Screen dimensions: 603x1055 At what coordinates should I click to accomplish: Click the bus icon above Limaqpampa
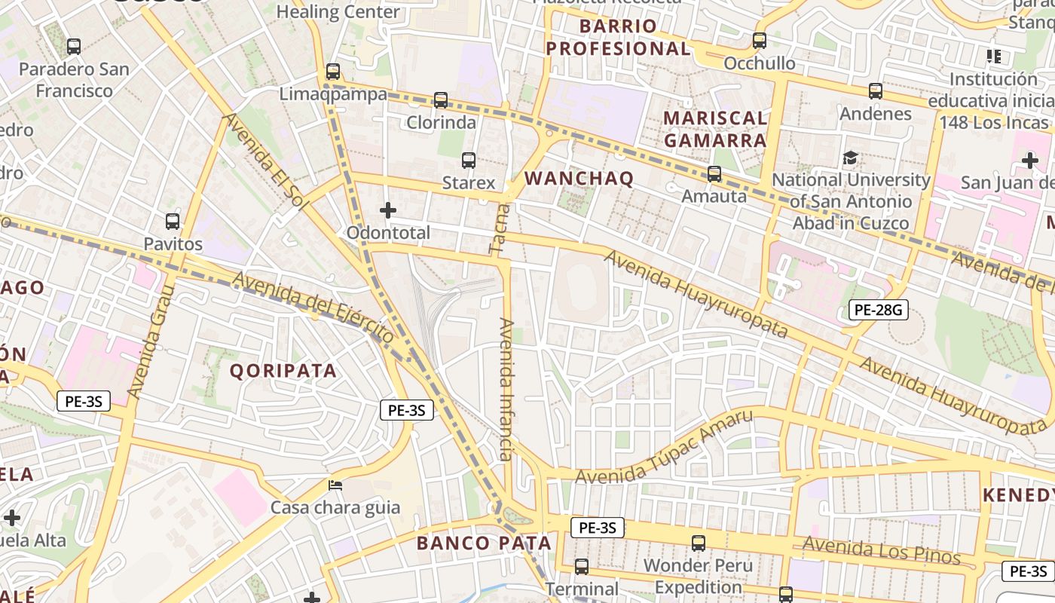click(333, 72)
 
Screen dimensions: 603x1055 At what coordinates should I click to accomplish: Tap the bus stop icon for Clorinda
click(441, 99)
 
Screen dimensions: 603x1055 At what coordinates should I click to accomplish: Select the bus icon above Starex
click(469, 160)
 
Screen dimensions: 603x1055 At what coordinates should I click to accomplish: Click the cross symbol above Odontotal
click(388, 210)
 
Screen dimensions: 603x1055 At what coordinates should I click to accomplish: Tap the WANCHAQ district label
click(579, 179)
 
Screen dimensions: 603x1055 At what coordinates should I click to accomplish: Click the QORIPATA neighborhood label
click(283, 371)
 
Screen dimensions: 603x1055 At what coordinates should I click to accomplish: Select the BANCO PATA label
click(484, 543)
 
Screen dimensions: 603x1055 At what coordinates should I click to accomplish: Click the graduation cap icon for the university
click(851, 158)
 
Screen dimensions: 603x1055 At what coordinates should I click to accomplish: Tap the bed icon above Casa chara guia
click(335, 485)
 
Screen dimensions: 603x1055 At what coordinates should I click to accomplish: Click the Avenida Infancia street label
click(506, 389)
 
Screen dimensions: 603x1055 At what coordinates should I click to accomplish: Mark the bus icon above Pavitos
click(173, 222)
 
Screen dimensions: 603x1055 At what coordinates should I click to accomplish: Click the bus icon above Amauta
click(714, 174)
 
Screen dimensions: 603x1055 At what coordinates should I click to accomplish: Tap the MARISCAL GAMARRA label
click(715, 129)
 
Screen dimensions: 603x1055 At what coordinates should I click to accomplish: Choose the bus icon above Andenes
click(876, 91)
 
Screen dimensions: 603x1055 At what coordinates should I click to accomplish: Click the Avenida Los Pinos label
click(881, 550)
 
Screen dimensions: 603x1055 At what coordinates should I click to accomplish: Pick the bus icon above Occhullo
click(760, 41)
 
